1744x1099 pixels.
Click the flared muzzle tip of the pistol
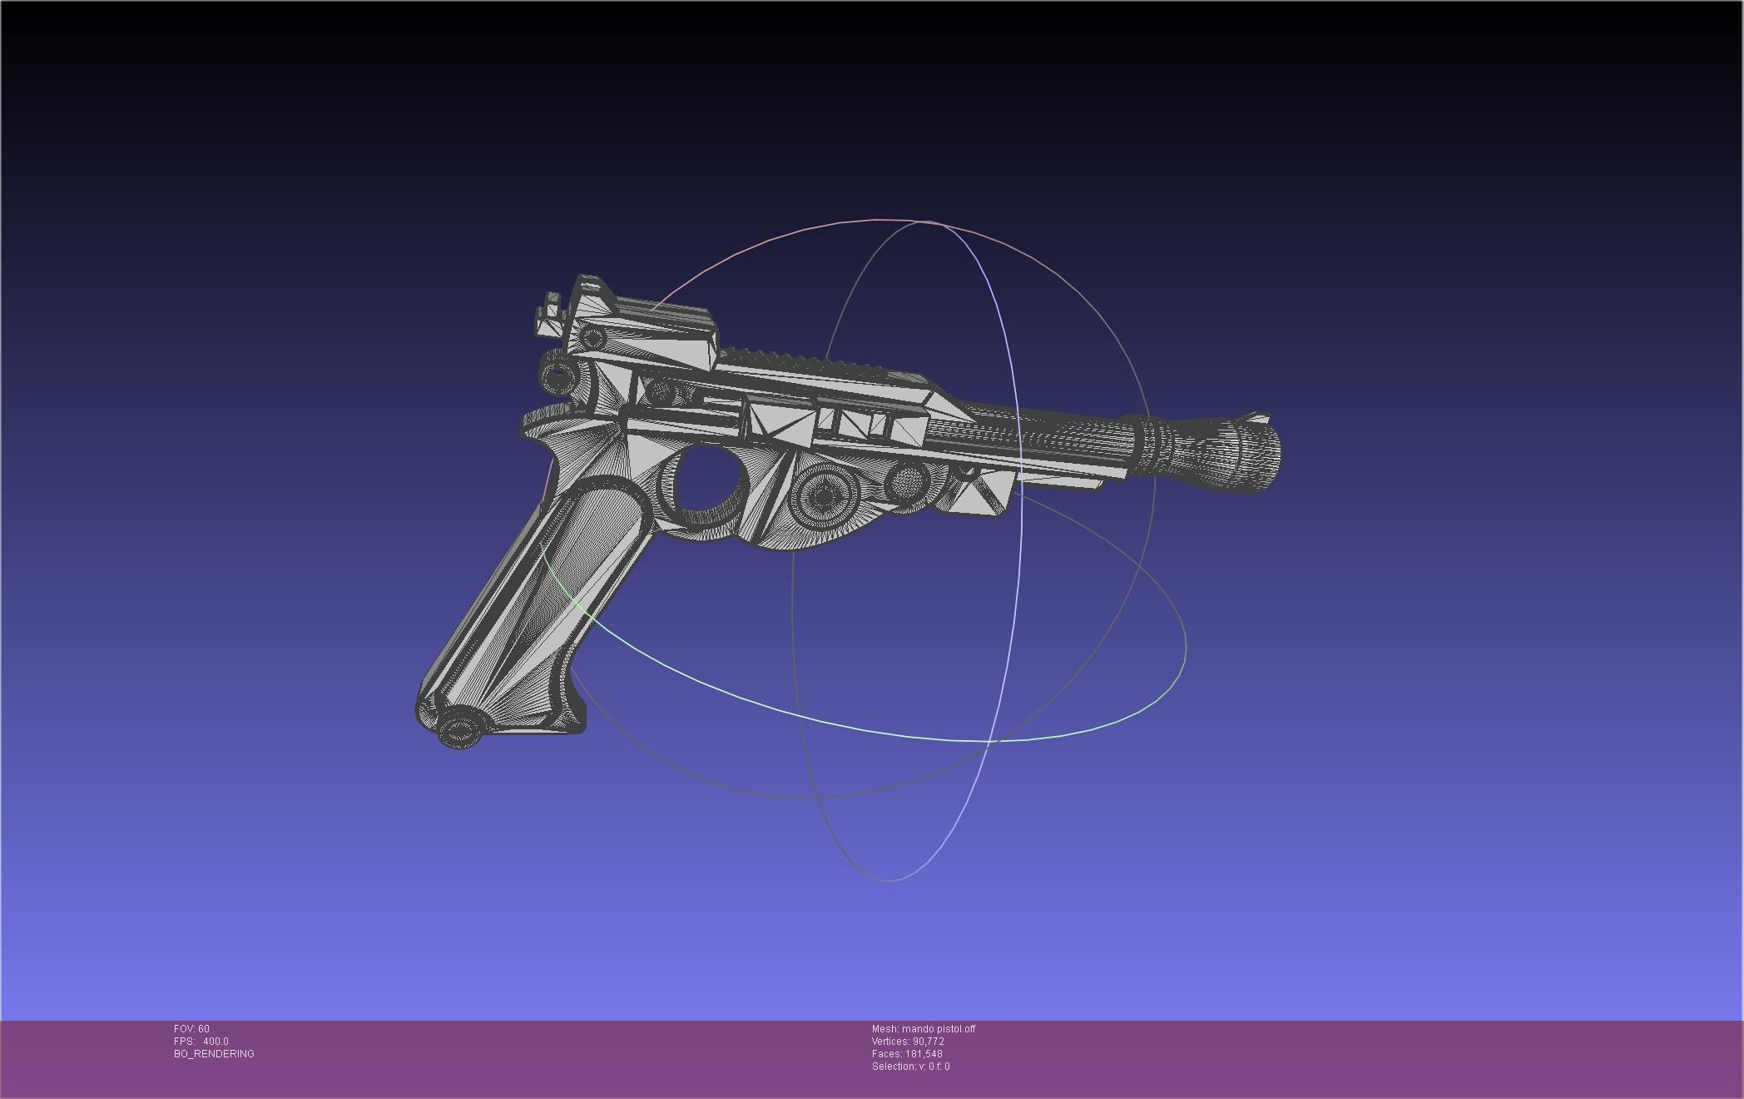pos(1248,454)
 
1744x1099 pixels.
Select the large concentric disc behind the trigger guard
pos(824,496)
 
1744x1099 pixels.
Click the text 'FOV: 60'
pos(192,1029)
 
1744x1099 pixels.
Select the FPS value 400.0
pos(216,1042)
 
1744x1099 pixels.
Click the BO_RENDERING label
pos(214,1054)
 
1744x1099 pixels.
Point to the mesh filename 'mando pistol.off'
pos(938,1029)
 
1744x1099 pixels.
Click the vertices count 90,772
pos(928,1042)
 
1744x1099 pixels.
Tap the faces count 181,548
pos(924,1054)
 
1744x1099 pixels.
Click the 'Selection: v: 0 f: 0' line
pos(910,1067)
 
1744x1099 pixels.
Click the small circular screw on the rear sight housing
pos(592,338)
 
